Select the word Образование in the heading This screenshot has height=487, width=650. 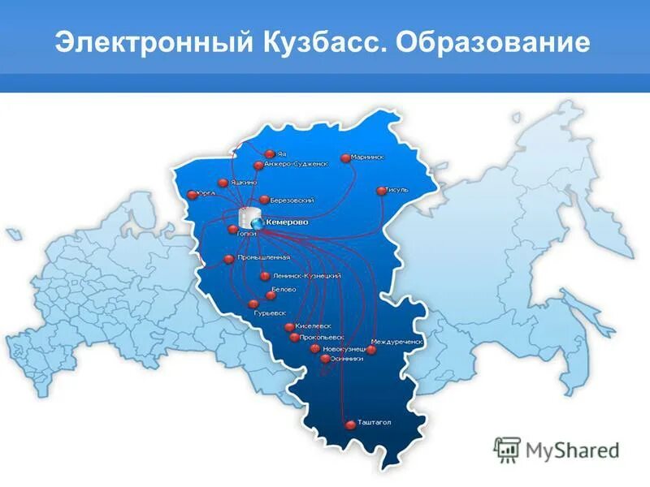(492, 42)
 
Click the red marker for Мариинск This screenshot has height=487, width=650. (345, 158)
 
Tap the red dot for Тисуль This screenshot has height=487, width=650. (381, 191)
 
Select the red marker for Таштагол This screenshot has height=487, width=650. (350, 424)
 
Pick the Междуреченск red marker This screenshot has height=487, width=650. (371, 350)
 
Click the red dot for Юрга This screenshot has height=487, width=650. (192, 194)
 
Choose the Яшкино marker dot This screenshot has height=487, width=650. (223, 183)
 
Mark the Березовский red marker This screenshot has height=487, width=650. (264, 200)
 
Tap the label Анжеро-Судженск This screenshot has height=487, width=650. (296, 164)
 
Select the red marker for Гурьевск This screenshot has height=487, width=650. (253, 304)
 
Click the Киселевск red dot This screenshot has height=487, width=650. (289, 327)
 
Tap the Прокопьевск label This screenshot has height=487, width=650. (323, 337)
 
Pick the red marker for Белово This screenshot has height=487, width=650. (271, 295)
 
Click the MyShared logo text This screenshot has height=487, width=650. (570, 448)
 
